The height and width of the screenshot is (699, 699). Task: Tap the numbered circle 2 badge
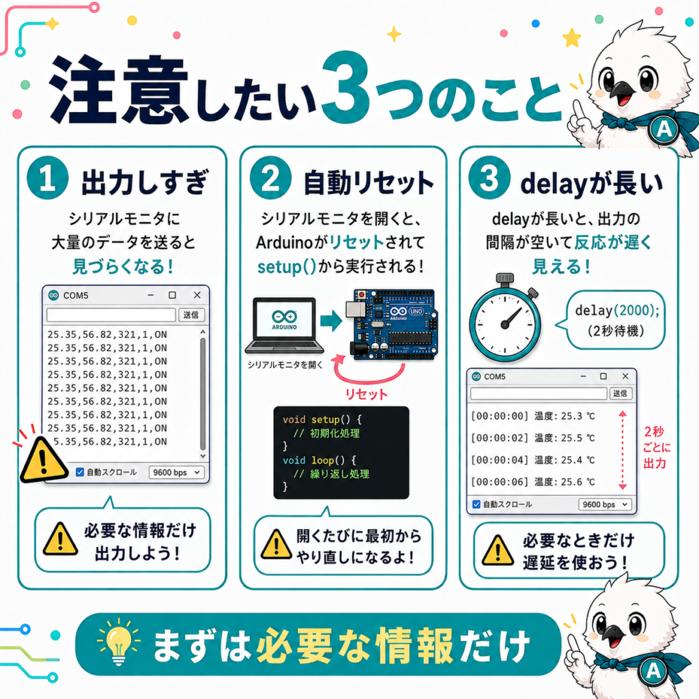click(x=270, y=178)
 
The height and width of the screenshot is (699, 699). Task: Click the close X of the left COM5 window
click(x=197, y=295)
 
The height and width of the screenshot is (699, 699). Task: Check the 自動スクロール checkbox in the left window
click(x=80, y=472)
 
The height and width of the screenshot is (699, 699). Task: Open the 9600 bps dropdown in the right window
click(x=605, y=504)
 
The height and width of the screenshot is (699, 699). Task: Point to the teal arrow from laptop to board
click(x=331, y=321)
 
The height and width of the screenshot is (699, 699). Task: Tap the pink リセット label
click(x=367, y=394)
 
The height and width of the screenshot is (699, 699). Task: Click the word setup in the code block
click(x=326, y=420)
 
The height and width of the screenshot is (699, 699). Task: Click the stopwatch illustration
click(x=505, y=318)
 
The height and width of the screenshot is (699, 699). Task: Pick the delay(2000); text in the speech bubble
click(x=617, y=311)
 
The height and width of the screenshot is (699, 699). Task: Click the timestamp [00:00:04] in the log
click(x=500, y=460)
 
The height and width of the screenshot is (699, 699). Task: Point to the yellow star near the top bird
click(x=572, y=38)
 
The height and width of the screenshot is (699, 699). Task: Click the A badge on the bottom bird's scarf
click(x=653, y=671)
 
